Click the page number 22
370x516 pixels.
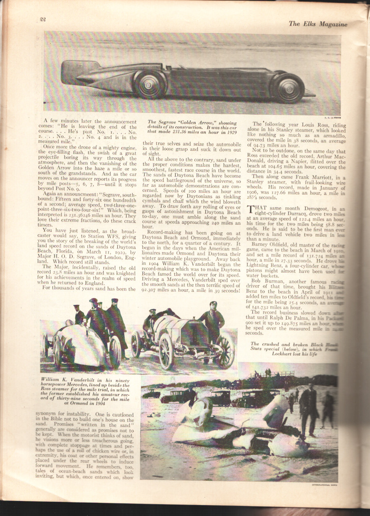pyautogui.click(x=42, y=19)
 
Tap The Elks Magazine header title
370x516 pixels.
pyautogui.click(x=318, y=24)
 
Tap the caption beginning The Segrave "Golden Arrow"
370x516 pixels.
pyautogui.click(x=192, y=128)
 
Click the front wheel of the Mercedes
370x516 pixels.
pyautogui.click(x=165, y=351)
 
